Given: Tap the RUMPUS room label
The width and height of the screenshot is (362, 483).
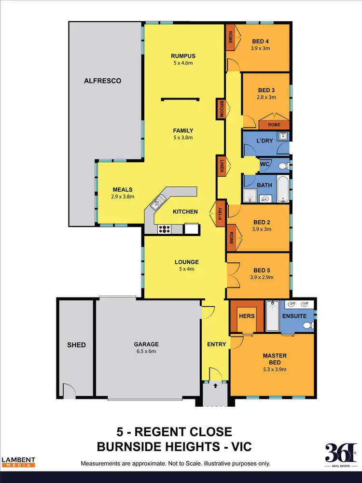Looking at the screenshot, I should tap(183, 56).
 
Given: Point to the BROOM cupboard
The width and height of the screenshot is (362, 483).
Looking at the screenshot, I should tap(221, 109).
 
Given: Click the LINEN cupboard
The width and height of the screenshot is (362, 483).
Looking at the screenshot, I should tap(221, 167).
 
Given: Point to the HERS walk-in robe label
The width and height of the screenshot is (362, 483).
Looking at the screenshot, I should tap(247, 316).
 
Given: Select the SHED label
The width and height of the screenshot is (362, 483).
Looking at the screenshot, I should tap(76, 344).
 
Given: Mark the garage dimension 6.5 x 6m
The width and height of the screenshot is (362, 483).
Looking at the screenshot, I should tap(146, 351).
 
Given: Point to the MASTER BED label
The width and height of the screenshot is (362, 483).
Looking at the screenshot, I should tap(274, 359).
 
